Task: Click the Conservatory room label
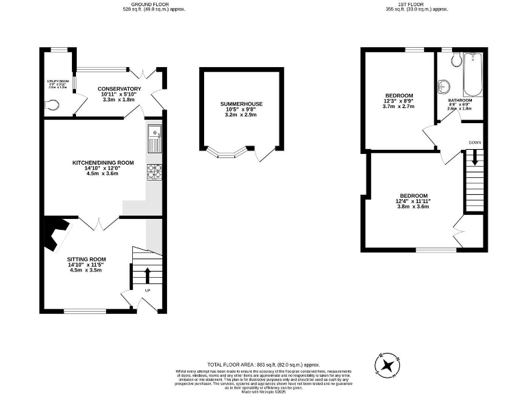[119, 89]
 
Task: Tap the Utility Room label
[58, 81]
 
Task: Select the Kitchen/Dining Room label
[103, 163]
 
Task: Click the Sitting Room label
[86, 259]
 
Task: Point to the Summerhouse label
[241, 104]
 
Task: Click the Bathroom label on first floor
[460, 100]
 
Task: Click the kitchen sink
[155, 140]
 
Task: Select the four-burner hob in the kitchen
[154, 171]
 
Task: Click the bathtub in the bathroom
[473, 75]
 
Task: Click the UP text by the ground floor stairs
[147, 291]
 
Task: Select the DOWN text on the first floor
[475, 142]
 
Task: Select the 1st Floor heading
[416, 4]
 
